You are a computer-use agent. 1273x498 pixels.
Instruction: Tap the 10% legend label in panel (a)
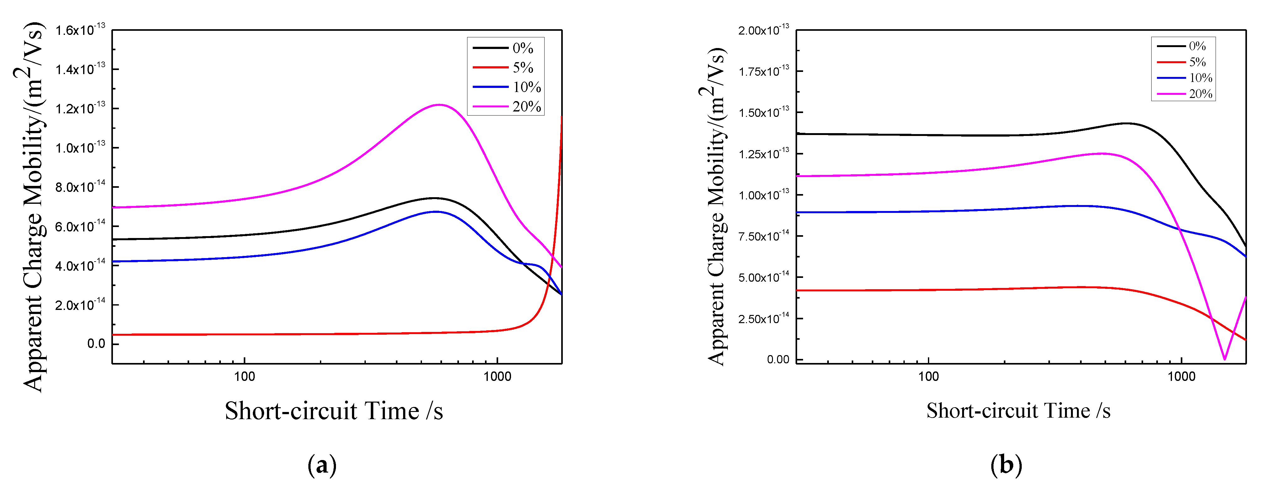[x=527, y=87]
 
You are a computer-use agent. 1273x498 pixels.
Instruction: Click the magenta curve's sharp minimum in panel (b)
[x=1224, y=359]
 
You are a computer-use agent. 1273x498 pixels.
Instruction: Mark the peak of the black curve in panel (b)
[x=1127, y=123]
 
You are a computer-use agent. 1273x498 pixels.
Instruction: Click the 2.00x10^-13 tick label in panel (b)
[x=764, y=30]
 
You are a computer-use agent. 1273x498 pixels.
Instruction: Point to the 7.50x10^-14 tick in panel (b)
[x=764, y=236]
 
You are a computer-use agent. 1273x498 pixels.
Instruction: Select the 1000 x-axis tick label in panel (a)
[x=497, y=377]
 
